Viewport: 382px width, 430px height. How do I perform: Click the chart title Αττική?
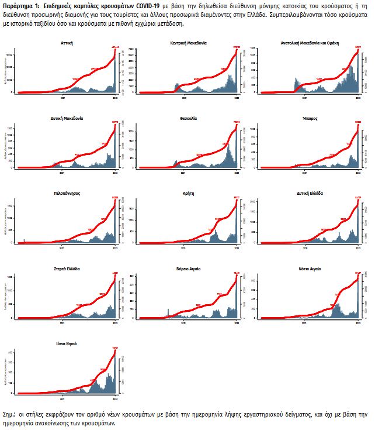67,43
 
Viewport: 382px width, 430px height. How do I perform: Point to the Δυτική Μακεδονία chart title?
67,118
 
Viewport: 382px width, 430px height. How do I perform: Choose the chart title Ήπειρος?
310,118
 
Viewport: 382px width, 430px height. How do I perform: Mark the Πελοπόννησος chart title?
67,193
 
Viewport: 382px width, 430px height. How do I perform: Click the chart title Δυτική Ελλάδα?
310,193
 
